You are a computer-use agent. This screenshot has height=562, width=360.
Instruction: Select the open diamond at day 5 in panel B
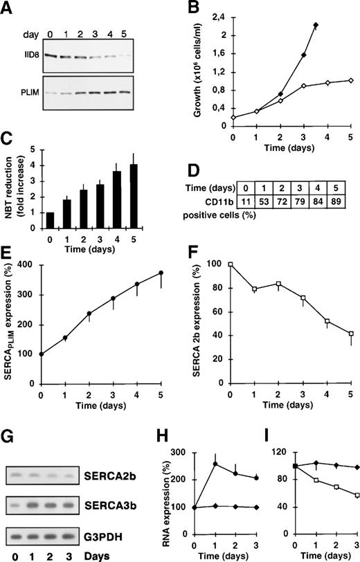(x=351, y=80)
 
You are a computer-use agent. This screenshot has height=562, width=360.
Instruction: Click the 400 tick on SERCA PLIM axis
(x=33, y=264)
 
